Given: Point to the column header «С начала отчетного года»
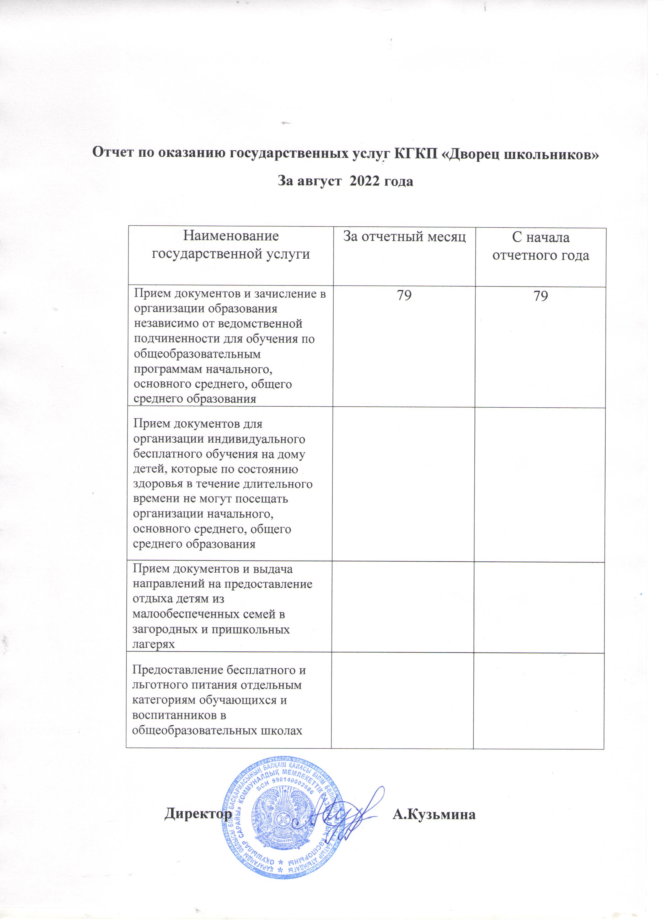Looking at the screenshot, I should point(541,246).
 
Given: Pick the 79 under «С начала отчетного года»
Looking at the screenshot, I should point(541,296).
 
